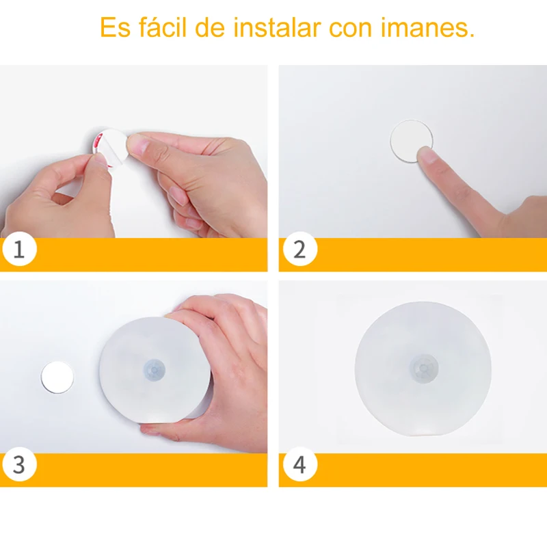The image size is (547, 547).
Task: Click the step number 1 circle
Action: tap(18, 250)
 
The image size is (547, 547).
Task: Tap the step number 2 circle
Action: tap(299, 250)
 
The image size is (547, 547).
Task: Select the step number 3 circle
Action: tap(18, 465)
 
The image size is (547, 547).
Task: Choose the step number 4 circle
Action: tap(299, 465)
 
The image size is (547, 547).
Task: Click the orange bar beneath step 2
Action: tap(424, 254)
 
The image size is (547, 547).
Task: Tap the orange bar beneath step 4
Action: tap(424, 470)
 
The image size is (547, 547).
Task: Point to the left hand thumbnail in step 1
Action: tap(101, 161)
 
